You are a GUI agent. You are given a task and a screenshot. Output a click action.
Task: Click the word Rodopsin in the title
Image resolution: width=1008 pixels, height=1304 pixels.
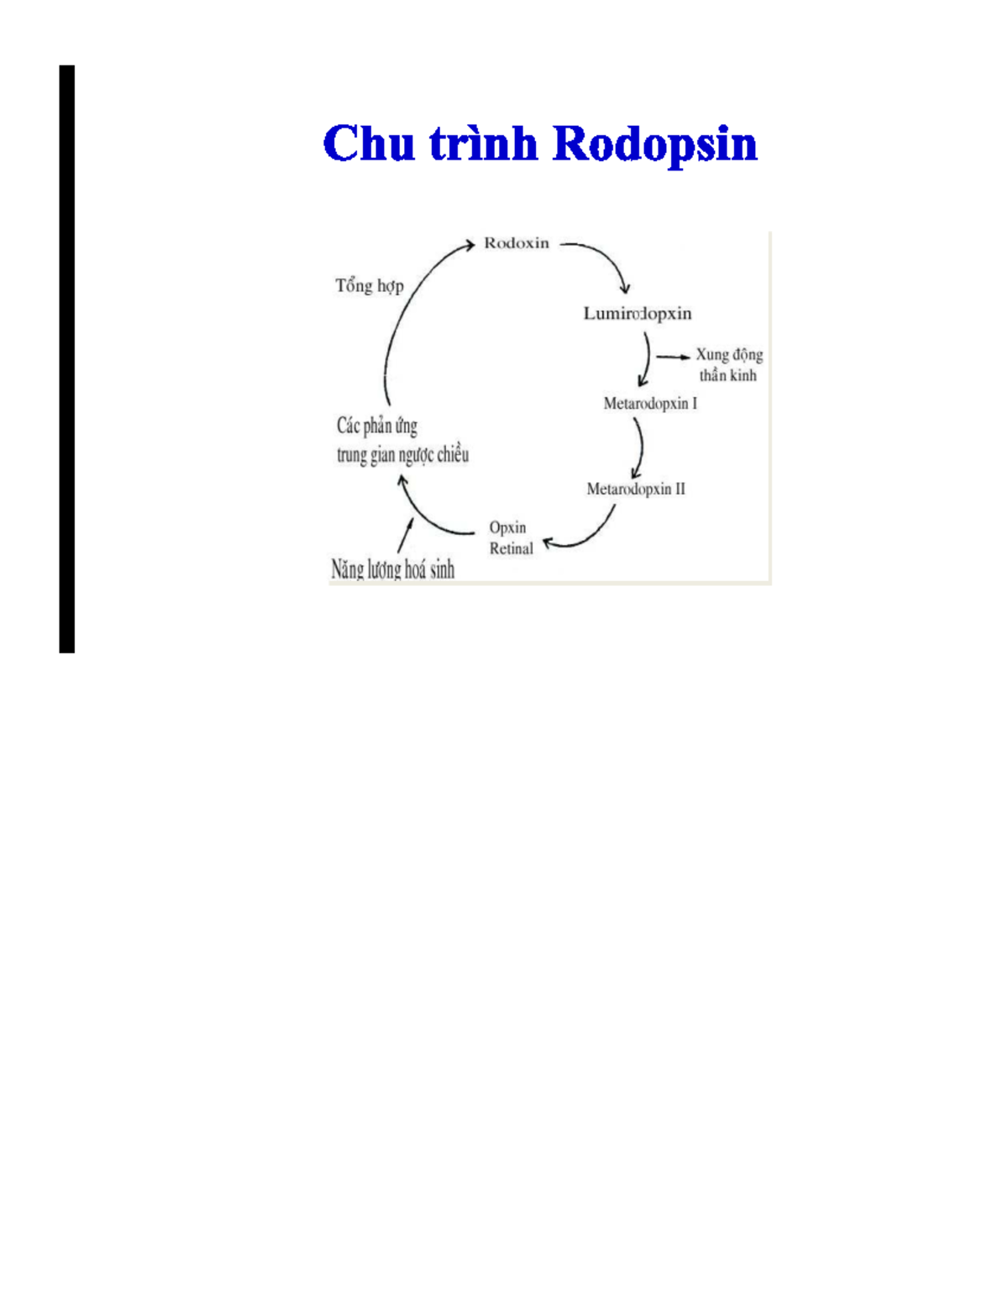pos(655,144)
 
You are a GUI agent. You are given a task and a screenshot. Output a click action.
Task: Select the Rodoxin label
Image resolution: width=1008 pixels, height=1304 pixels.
pos(517,243)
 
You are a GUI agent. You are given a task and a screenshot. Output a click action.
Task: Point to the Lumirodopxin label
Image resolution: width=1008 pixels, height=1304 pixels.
pos(638,314)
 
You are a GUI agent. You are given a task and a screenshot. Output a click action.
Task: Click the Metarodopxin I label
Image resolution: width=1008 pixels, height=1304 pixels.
pos(650,403)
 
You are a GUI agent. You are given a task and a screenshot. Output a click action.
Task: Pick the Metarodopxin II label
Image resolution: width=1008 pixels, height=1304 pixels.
pos(636,489)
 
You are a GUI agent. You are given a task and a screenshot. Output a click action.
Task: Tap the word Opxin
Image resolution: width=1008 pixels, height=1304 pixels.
pos(507,527)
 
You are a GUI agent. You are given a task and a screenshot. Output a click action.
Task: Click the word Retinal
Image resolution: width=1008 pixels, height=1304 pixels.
pos(511,548)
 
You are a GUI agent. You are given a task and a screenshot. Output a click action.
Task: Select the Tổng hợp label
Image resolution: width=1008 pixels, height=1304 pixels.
pos(370,285)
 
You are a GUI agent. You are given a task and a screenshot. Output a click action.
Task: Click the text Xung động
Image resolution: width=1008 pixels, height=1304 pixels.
pos(729,354)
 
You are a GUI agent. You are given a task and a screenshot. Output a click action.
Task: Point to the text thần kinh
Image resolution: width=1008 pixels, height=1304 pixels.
pos(727,375)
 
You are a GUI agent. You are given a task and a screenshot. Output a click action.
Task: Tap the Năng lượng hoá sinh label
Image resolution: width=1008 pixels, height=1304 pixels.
pos(392,569)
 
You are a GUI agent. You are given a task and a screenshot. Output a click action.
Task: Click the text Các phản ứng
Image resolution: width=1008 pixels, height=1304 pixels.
pos(377,426)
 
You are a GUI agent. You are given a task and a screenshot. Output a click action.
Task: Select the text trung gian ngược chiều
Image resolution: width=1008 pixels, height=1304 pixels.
pos(403,455)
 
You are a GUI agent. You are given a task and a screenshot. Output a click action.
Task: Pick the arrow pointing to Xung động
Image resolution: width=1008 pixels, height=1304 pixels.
pos(673,357)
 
